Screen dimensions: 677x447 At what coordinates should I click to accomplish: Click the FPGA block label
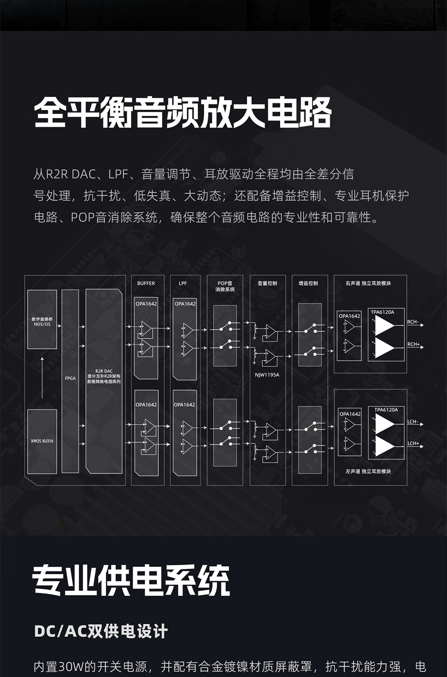[x=70, y=378]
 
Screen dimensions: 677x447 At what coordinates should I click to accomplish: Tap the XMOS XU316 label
[x=42, y=441]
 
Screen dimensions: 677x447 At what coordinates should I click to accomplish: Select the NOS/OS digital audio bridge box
[x=42, y=319]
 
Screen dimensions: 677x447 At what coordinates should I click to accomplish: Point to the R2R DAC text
[x=104, y=371]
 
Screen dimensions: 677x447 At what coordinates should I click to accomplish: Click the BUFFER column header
[x=146, y=283]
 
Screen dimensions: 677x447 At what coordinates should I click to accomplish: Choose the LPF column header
[x=182, y=283]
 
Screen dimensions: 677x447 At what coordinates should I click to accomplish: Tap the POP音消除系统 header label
[x=225, y=286]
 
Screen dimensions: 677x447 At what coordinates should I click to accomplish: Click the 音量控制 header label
[x=267, y=283]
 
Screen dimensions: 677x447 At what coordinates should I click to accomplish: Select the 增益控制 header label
[x=308, y=283]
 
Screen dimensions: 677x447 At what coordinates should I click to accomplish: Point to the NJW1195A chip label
[x=267, y=375]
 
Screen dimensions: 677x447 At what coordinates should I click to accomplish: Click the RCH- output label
[x=413, y=322]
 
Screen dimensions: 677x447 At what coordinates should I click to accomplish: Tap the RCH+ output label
[x=414, y=344]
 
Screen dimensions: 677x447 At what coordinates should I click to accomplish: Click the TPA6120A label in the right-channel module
[x=382, y=312]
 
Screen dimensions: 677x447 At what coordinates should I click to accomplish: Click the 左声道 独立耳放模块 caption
[x=368, y=471]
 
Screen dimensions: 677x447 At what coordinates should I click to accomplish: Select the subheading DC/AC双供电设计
[x=101, y=631]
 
